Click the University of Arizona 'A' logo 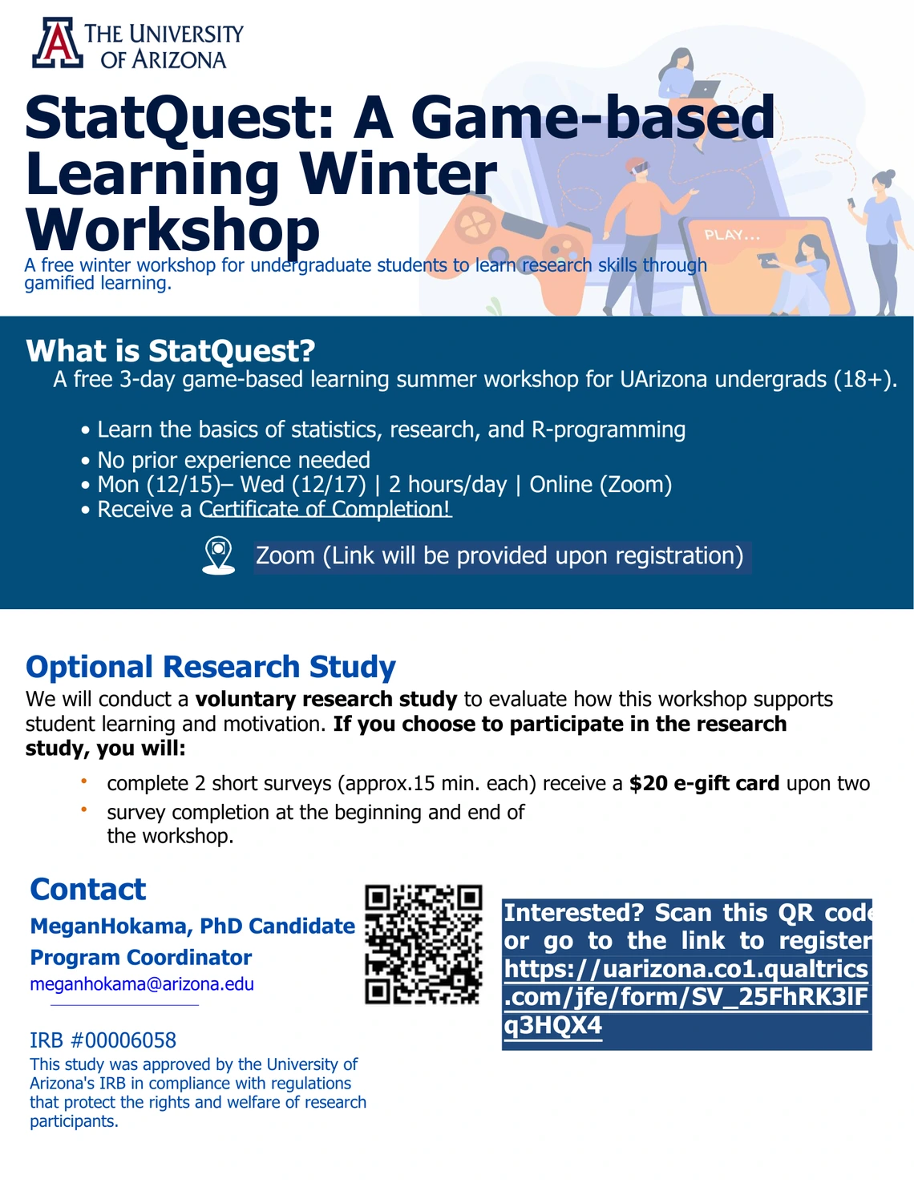point(57,42)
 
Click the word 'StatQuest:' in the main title point(179,118)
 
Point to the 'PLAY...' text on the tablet point(731,235)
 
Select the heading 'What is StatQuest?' point(171,350)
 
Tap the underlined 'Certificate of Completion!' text point(325,509)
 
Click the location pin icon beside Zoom point(218,555)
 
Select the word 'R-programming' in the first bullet point(608,430)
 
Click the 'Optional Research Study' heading point(211,666)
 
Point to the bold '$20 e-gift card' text point(705,783)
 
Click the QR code point(423,944)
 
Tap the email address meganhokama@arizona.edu point(142,984)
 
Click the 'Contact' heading point(88,890)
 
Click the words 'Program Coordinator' point(141,958)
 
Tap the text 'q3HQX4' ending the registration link point(552,1026)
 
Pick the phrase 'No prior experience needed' point(233,460)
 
